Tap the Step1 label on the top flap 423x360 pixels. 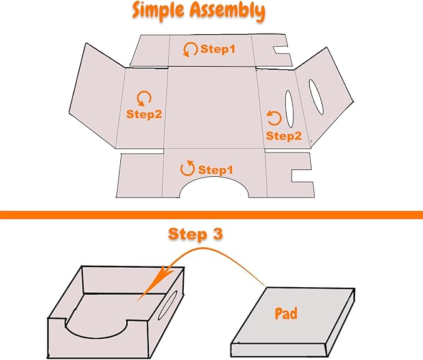pos(218,49)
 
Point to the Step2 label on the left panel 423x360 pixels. pos(144,114)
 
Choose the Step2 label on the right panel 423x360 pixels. pos(283,135)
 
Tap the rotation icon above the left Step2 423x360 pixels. pos(144,98)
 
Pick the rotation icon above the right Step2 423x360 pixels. pos(273,117)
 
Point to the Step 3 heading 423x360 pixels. pos(196,235)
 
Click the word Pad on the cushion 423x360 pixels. pos(287,313)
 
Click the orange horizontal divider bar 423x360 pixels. pos(211,215)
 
